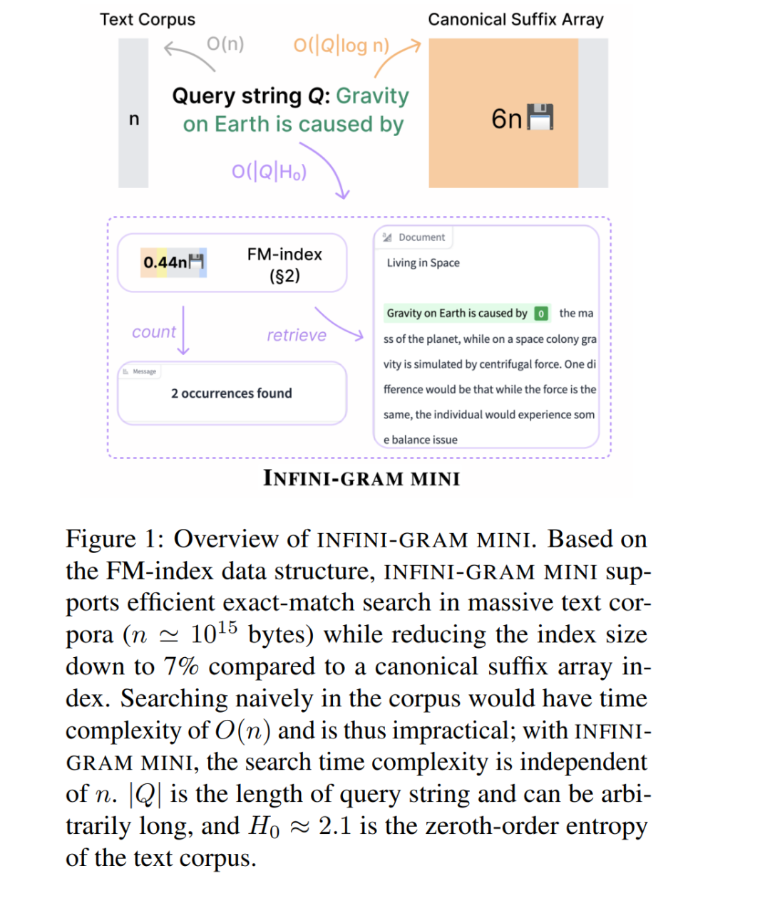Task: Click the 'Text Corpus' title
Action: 147,19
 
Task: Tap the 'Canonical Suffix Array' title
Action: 515,19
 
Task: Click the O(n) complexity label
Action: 225,44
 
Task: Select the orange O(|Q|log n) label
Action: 342,46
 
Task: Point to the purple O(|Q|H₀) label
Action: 269,172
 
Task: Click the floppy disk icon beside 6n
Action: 540,118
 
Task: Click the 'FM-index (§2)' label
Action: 284,264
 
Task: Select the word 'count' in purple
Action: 153,332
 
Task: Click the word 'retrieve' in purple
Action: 296,335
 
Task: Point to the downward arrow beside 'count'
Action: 183,331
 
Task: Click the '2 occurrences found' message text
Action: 231,393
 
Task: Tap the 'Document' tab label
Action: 421,237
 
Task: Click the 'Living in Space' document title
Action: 423,263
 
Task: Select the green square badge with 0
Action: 541,314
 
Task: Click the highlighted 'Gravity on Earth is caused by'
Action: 456,314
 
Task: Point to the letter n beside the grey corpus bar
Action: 133,119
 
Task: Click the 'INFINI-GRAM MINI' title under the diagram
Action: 361,478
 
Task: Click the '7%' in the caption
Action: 181,666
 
